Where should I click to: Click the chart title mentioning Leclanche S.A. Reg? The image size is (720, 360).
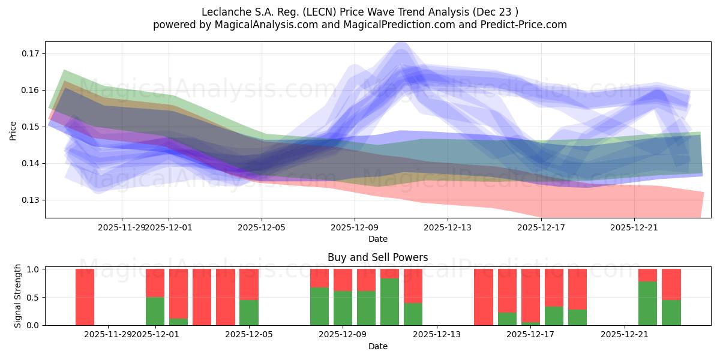[360, 11]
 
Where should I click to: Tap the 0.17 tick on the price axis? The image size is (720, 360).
[31, 53]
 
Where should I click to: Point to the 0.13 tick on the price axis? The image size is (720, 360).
[31, 200]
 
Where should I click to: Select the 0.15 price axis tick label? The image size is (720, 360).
[31, 127]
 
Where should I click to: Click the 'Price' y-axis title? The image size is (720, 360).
[13, 130]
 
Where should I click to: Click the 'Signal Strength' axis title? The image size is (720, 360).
[18, 296]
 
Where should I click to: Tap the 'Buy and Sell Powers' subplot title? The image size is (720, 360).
[377, 257]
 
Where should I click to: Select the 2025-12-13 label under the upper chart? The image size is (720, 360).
[448, 227]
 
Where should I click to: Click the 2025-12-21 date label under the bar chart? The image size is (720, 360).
[625, 334]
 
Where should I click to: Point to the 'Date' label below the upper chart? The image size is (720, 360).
[377, 239]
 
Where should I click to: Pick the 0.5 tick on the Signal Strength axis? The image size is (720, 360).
[33, 297]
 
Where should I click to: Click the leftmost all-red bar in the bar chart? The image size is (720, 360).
[85, 297]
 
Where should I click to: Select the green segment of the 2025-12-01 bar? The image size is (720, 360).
[155, 311]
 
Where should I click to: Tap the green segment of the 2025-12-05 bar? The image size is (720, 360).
[248, 312]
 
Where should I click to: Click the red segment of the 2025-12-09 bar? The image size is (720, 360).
[343, 280]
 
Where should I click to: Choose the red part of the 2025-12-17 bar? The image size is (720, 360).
[530, 294]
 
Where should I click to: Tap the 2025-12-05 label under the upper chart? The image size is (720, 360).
[261, 227]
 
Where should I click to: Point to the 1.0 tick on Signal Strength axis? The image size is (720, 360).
[33, 269]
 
